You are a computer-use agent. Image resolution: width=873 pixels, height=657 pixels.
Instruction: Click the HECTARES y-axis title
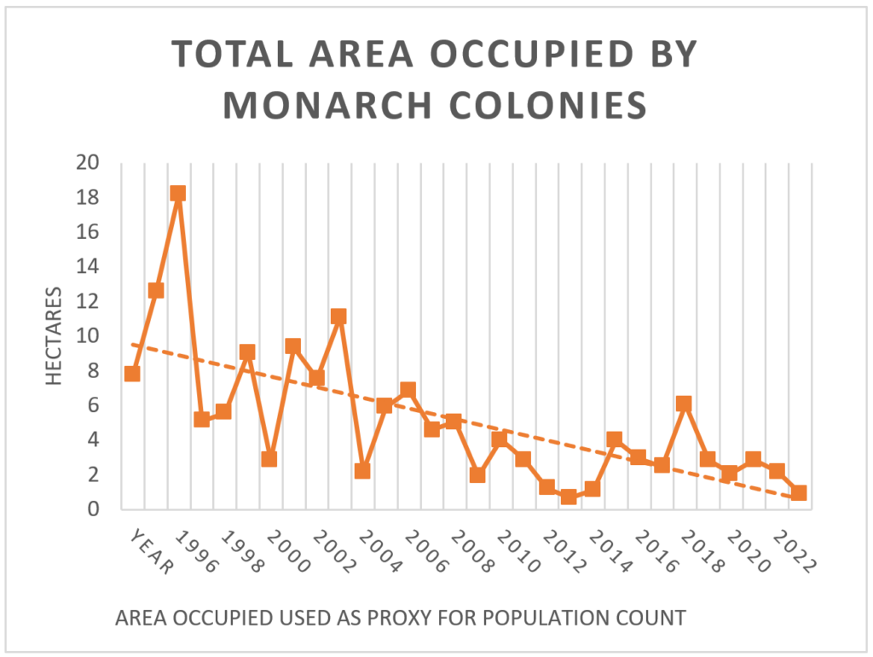(x=55, y=336)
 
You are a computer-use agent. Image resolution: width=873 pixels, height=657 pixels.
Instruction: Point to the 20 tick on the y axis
(x=89, y=162)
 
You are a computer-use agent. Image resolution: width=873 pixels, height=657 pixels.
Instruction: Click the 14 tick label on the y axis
(x=89, y=266)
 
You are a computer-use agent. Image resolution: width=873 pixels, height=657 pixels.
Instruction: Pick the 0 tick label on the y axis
(x=94, y=509)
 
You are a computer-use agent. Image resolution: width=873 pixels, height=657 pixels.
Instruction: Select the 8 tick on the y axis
(x=94, y=370)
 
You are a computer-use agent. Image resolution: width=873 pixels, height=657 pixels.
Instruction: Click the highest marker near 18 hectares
(x=177, y=194)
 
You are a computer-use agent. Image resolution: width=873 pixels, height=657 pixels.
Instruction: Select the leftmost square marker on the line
(x=132, y=374)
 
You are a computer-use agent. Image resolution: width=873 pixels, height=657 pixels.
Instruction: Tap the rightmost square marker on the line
(x=799, y=493)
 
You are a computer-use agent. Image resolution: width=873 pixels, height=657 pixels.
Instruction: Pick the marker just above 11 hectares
(x=338, y=317)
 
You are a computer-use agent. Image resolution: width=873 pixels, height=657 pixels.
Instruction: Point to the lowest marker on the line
(x=569, y=497)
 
